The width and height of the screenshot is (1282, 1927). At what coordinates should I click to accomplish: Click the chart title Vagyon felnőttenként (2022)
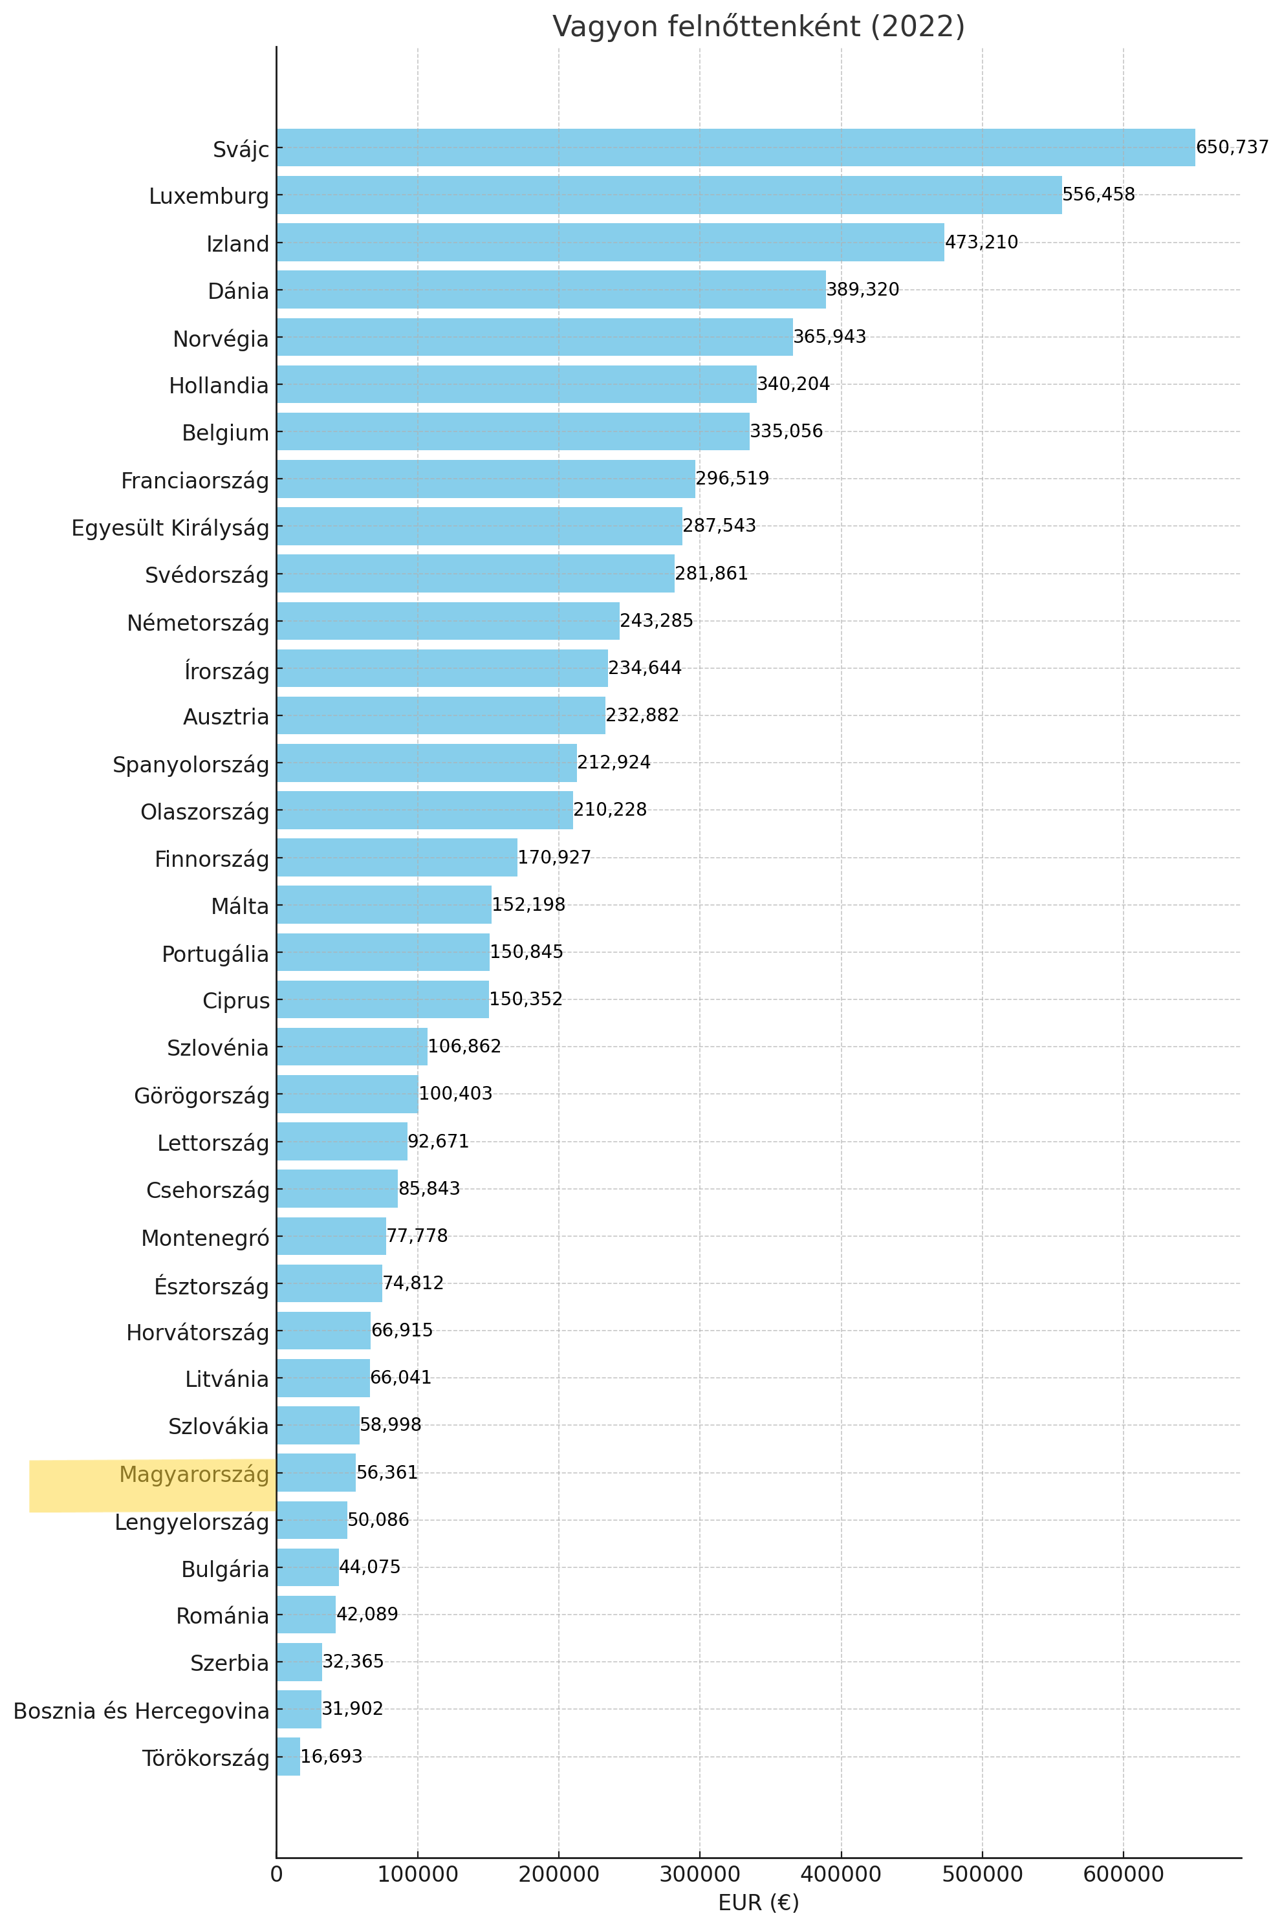pyautogui.click(x=758, y=27)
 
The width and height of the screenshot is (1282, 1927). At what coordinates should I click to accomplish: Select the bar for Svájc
pyautogui.click(x=735, y=147)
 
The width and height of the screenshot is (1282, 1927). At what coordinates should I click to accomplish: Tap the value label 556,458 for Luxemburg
pyautogui.click(x=1098, y=195)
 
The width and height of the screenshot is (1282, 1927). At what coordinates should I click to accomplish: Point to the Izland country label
pyautogui.click(x=237, y=244)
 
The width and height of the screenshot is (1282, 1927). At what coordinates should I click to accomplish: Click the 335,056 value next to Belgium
pyautogui.click(x=786, y=431)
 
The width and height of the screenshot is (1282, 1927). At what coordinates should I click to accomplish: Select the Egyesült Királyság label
pyautogui.click(x=170, y=528)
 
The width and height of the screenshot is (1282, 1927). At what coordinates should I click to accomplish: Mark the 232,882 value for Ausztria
pyautogui.click(x=642, y=715)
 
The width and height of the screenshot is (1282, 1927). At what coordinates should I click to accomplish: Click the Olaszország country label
pyautogui.click(x=204, y=812)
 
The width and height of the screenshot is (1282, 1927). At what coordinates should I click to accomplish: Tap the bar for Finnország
pyautogui.click(x=397, y=857)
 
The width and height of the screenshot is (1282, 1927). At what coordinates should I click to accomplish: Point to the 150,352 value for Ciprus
pyautogui.click(x=526, y=999)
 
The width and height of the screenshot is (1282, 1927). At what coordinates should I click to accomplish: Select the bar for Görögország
pyautogui.click(x=347, y=1094)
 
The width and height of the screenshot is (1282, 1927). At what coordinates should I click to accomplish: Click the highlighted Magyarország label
pyautogui.click(x=194, y=1474)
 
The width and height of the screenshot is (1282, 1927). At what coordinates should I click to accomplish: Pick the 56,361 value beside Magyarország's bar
pyautogui.click(x=387, y=1472)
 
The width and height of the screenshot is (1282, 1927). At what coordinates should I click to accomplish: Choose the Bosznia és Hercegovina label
pyautogui.click(x=142, y=1710)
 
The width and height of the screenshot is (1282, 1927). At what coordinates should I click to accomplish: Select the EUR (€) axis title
pyautogui.click(x=758, y=1902)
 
